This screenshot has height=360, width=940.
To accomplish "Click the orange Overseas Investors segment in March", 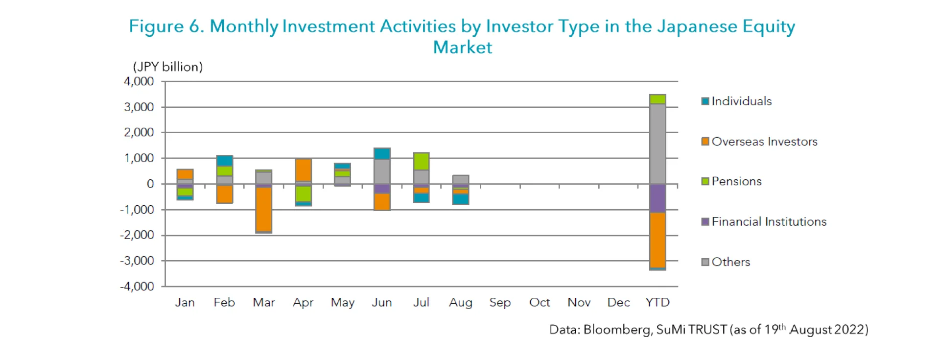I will pos(264,209).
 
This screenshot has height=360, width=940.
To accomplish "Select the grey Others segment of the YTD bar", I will pos(657,144).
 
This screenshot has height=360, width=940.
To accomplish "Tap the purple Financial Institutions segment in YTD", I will pos(657,198).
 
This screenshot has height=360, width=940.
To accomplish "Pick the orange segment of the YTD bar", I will pos(657,240).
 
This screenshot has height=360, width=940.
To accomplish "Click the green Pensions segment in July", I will pos(421,162).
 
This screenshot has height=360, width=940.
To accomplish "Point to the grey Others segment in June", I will pos(382,172).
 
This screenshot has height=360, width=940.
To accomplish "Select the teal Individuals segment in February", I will pos(224,161).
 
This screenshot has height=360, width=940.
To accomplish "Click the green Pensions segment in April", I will pos(303,194).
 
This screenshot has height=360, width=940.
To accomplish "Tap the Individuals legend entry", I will pos(741,101).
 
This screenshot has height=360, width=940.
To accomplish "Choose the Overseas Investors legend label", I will pos(764,142).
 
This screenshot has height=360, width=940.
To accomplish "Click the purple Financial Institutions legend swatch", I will pos(705,222).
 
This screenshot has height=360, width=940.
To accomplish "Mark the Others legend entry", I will pos(730,262).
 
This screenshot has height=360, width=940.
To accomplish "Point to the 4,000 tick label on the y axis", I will pos(139,81).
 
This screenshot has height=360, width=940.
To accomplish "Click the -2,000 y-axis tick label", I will pos(137,235).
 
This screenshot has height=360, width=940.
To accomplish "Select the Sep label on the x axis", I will pos(500,303).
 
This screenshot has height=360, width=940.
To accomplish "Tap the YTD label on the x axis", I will pos(657,303).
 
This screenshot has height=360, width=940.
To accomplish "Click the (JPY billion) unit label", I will pos(168,67).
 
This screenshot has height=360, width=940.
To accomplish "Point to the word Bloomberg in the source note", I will pos(617,330).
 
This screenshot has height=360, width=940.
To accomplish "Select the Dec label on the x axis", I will pos(618,303).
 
